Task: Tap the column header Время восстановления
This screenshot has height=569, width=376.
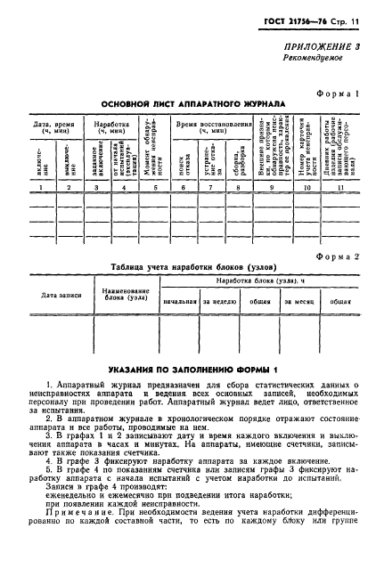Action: pyautogui.click(x=213, y=126)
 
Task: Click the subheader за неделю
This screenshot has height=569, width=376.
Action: pyautogui.click(x=220, y=302)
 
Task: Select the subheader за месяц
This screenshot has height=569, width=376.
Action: pyautogui.click(x=299, y=302)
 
